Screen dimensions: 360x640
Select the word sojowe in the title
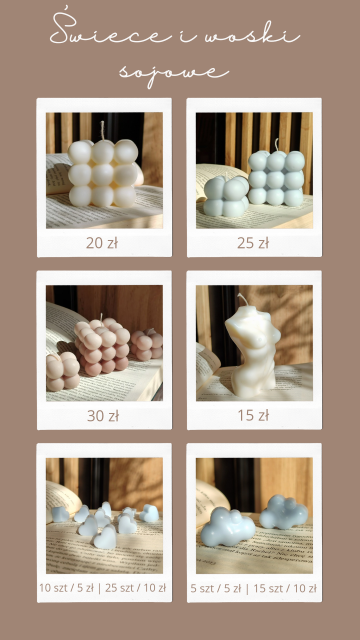pyautogui.click(x=174, y=73)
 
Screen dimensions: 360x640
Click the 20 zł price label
pyautogui.click(x=102, y=243)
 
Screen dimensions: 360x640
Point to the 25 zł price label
pyautogui.click(x=253, y=243)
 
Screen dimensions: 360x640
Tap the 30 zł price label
pyautogui.click(x=103, y=416)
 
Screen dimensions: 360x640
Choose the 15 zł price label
pyautogui.click(x=253, y=416)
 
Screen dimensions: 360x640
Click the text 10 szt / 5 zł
pyautogui.click(x=67, y=588)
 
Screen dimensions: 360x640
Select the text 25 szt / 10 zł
pyautogui.click(x=136, y=588)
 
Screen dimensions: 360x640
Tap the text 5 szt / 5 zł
pyautogui.click(x=216, y=589)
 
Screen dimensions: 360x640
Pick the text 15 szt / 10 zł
pyautogui.click(x=285, y=589)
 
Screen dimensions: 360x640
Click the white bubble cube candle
pyautogui.click(x=104, y=173)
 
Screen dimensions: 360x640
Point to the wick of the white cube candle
pyautogui.click(x=102, y=131)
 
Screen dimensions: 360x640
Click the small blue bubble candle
pyautogui.click(x=226, y=196)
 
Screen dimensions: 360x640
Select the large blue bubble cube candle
pyautogui.click(x=276, y=178)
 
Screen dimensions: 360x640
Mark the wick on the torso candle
pyautogui.click(x=244, y=300)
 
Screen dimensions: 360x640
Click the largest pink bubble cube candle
pyautogui.click(x=102, y=346)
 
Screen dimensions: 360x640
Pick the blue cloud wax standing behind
pyautogui.click(x=284, y=512)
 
